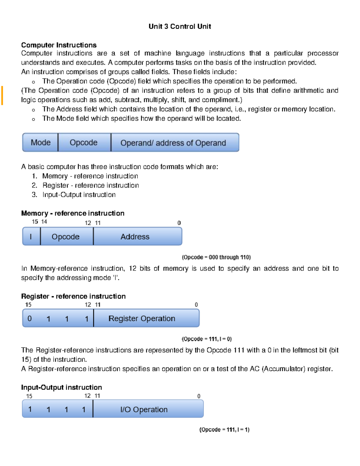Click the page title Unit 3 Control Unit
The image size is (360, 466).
point(180,26)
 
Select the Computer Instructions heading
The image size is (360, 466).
point(59,45)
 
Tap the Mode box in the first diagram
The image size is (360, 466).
point(40,143)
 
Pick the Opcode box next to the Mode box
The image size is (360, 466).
point(84,143)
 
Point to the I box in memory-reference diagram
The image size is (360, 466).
point(31,237)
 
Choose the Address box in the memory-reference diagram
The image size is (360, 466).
point(135,237)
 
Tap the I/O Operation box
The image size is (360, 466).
point(144,410)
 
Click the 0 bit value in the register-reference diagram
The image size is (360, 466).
point(29,318)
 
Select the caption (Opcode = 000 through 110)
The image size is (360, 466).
point(216,257)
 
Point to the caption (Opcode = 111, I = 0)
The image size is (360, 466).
point(207,339)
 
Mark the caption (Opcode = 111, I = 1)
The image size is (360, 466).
point(224,429)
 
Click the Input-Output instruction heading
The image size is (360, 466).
point(61,387)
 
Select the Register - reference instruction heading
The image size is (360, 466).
point(73,296)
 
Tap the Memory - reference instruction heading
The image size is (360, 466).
point(73,213)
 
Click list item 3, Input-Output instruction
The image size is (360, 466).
point(79,195)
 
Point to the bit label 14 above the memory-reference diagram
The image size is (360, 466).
point(44,222)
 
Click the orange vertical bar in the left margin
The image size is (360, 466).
point(2,95)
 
